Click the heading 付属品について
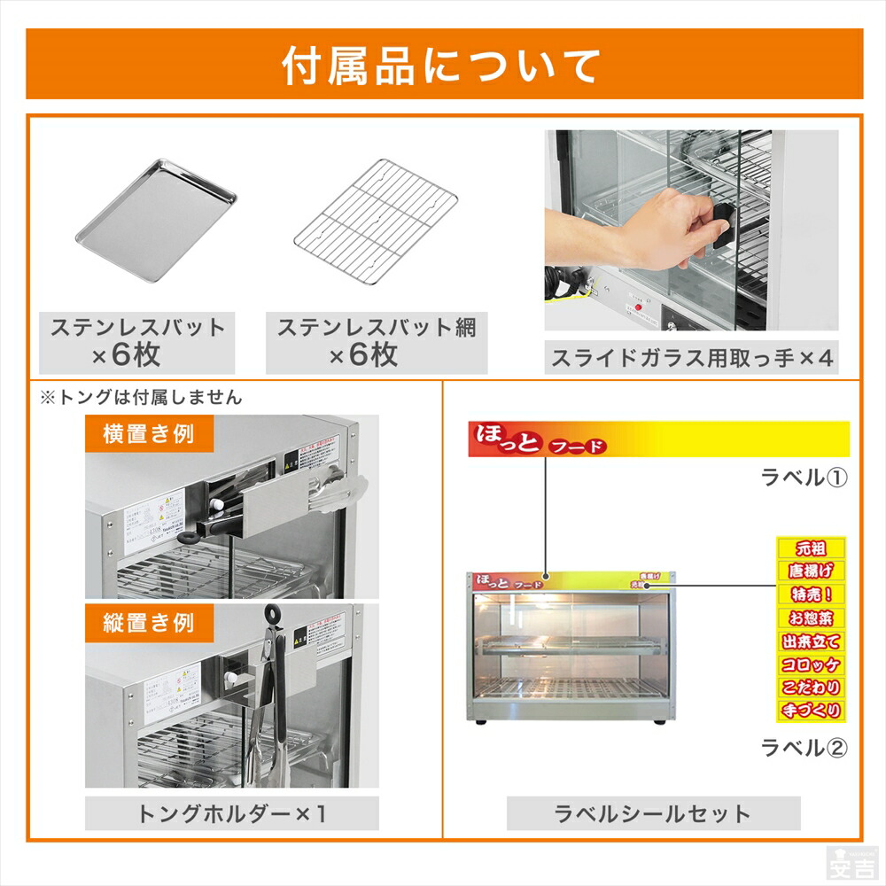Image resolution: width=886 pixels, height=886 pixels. point(442,65)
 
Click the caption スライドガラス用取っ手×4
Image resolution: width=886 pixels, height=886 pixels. point(692,358)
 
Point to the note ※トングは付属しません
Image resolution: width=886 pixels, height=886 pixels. point(141,398)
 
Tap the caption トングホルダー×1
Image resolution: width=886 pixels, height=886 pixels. point(231,812)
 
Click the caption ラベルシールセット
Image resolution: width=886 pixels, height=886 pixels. point(653,812)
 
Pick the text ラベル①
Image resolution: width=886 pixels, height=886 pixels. point(804,478)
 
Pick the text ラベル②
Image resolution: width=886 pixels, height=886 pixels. point(804,747)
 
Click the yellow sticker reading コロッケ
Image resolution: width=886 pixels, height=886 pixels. point(811,664)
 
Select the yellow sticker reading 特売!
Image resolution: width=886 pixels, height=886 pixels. point(811,594)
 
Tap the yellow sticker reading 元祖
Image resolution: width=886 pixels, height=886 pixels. point(811,548)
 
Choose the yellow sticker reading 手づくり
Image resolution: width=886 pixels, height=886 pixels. point(811,710)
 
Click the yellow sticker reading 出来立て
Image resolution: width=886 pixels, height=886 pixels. point(811,641)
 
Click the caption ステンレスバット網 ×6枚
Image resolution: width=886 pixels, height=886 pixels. point(376,341)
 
